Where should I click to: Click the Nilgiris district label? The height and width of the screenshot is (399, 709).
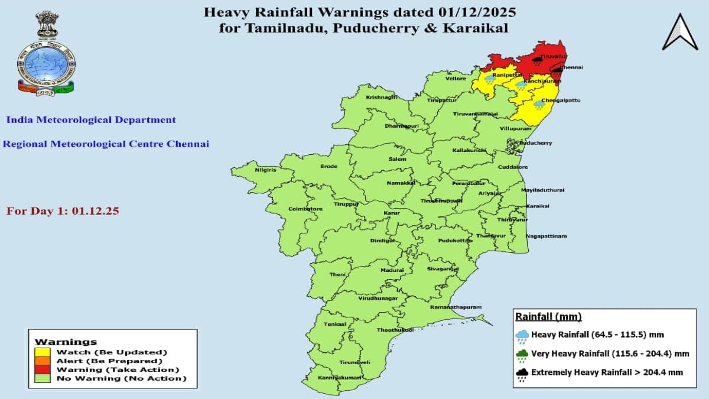point(265,170)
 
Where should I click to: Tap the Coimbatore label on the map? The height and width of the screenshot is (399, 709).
point(305,209)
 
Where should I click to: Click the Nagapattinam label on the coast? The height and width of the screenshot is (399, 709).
point(546,236)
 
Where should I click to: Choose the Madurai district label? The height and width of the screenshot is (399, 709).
point(392,270)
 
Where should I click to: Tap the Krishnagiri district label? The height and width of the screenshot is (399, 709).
point(382,97)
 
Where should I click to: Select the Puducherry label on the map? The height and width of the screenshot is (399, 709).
point(535,143)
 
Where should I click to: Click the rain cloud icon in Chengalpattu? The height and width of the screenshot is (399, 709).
point(539,105)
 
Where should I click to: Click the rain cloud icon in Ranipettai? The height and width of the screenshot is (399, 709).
point(490,79)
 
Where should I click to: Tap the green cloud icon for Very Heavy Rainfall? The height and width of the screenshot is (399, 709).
point(522,354)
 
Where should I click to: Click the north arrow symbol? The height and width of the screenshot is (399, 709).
point(680,32)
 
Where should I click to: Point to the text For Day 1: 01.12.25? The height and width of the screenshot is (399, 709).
point(63,210)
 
